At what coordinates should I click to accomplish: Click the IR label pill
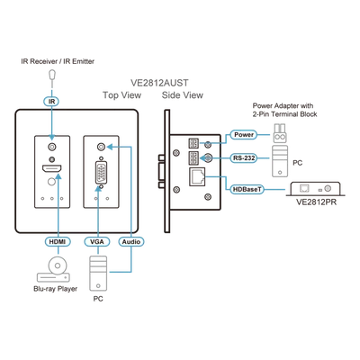coord(51,102)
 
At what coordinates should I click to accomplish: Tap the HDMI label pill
coord(58,241)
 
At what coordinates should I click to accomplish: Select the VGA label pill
coord(97,241)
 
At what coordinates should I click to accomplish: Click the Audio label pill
coord(131,241)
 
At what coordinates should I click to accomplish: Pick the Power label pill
coord(244,135)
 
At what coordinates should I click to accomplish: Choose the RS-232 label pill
coord(244,157)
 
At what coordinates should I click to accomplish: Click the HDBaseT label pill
coord(247,189)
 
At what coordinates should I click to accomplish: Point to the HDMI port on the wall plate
coord(51,169)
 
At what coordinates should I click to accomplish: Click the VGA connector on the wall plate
coord(101,173)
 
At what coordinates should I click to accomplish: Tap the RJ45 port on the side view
coord(197,177)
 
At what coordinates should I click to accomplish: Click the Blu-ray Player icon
coord(53,269)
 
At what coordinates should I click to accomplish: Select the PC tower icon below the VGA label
coord(98,274)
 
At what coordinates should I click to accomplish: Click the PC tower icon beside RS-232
coord(280,161)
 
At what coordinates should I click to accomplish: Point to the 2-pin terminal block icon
coord(280,133)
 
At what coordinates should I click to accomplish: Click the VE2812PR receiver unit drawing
coord(315,189)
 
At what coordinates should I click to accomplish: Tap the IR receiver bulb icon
coord(52,75)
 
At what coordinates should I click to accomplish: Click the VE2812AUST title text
coord(159,83)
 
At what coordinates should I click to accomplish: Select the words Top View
coord(121,95)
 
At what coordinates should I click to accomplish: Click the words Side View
coord(183,95)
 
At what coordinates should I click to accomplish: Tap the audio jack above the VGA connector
coord(102,147)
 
